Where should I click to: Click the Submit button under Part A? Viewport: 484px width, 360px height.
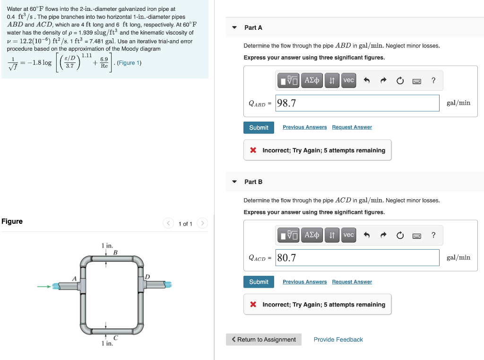pyautogui.click(x=259, y=128)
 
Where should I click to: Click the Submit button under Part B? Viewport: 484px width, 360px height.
pyautogui.click(x=259, y=282)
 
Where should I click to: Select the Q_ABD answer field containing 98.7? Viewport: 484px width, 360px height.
pyautogui.click(x=357, y=103)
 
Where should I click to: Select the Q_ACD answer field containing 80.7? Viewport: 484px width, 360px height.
pyautogui.click(x=357, y=258)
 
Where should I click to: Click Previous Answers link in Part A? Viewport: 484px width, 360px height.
pyautogui.click(x=304, y=127)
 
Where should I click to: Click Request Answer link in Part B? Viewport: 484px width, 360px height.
pyautogui.click(x=352, y=282)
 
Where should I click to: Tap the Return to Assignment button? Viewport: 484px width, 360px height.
pyautogui.click(x=263, y=340)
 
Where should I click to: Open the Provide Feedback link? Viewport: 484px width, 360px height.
pyautogui.click(x=338, y=340)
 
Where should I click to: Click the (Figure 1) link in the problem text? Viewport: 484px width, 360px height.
pyautogui.click(x=129, y=63)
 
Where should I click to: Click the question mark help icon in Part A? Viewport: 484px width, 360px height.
pyautogui.click(x=433, y=80)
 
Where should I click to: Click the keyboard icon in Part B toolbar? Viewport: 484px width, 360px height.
pyautogui.click(x=417, y=235)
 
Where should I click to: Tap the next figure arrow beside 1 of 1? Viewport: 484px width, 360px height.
pyautogui.click(x=202, y=223)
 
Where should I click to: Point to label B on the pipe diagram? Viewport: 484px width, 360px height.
pyautogui.click(x=115, y=253)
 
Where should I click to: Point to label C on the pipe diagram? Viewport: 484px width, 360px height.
pyautogui.click(x=115, y=337)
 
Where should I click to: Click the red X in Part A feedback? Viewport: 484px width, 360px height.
pyautogui.click(x=253, y=150)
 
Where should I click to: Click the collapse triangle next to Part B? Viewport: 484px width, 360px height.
pyautogui.click(x=234, y=182)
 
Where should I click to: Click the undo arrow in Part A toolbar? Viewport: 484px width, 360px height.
pyautogui.click(x=366, y=80)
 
